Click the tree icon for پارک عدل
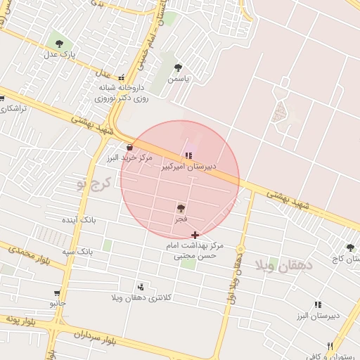point(58,42)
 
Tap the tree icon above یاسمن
point(178,68)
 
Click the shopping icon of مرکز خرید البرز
point(130,147)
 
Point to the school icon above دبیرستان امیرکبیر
point(188,155)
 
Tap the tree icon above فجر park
point(181,208)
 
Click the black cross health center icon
point(195,234)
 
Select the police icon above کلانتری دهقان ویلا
point(141,287)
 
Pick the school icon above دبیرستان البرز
point(317,304)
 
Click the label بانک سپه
point(77,250)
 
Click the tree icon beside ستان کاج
point(350,247)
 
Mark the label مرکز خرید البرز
point(130,158)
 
